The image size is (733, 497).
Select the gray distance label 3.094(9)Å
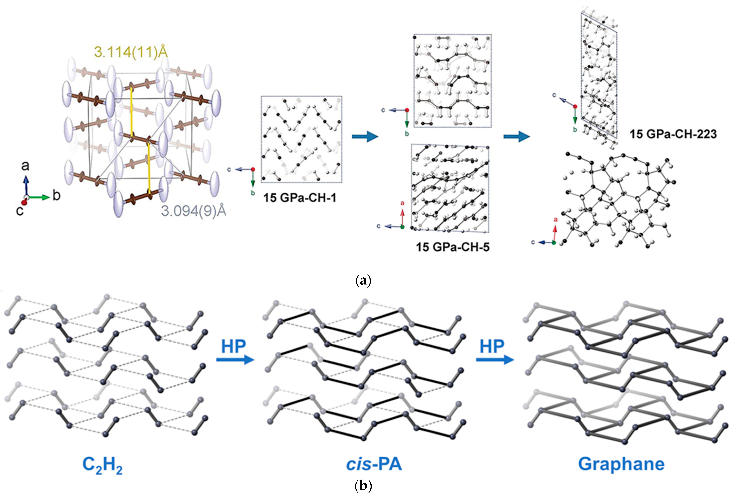[194, 211]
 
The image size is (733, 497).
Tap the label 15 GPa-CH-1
[300, 198]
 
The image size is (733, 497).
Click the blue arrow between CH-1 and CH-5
[365, 136]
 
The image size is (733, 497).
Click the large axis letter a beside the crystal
[25, 165]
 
